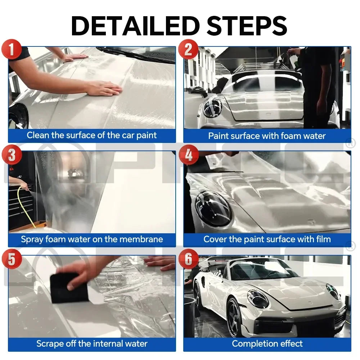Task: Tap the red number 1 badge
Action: click(x=12, y=49)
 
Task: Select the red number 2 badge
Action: click(x=188, y=49)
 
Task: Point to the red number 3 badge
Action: click(x=12, y=156)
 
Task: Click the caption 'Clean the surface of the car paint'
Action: click(x=92, y=135)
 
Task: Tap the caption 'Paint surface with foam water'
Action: click(x=267, y=136)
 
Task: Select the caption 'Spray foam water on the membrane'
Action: click(x=92, y=239)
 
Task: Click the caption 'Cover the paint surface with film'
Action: click(x=267, y=239)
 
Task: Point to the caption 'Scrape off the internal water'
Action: click(x=92, y=343)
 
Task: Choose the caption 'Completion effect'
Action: click(x=267, y=343)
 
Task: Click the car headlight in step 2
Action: click(x=212, y=108)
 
